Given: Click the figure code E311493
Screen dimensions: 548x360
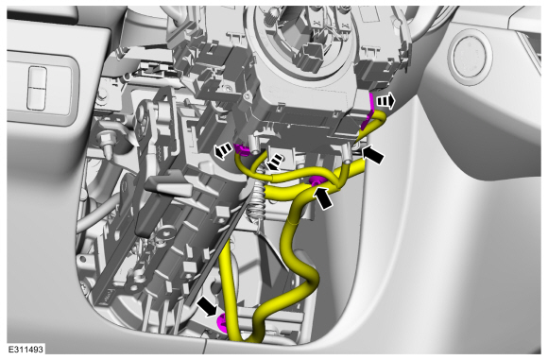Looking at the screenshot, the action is (x=26, y=350).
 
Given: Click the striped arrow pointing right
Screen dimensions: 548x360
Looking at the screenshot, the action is (x=385, y=102).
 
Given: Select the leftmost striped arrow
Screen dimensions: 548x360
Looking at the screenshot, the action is (x=223, y=151).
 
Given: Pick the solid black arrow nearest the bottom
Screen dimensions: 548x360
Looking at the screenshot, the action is (x=207, y=306).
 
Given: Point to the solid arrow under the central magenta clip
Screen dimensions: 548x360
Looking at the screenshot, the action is (x=323, y=197).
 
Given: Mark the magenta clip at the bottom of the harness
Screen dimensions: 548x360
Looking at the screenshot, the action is (x=222, y=322).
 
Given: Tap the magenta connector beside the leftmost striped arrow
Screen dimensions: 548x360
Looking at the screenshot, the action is (x=242, y=150).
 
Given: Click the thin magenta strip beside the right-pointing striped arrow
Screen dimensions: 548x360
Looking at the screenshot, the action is (x=368, y=111).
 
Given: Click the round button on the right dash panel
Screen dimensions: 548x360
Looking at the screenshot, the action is (x=472, y=57).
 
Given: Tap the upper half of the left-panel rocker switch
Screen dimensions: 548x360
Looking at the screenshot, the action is (x=38, y=77).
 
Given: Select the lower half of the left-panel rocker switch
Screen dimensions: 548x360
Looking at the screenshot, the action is (x=37, y=99).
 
